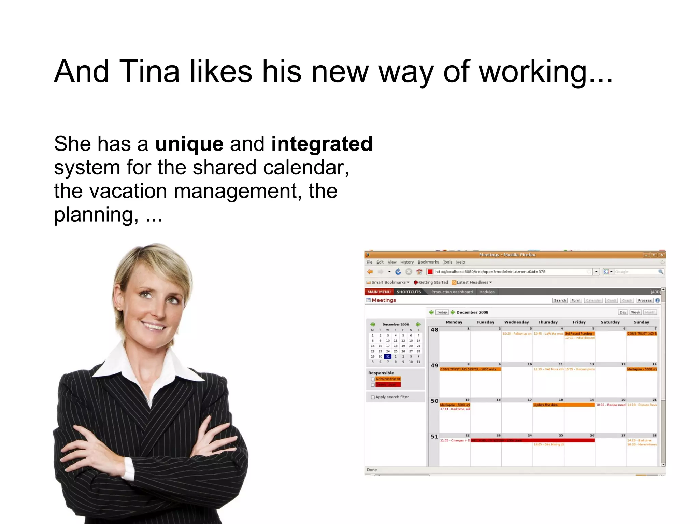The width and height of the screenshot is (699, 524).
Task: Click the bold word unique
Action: tap(189, 144)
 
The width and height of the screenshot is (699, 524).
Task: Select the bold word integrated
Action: tap(322, 144)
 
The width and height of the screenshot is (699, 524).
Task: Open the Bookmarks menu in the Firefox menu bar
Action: tap(428, 262)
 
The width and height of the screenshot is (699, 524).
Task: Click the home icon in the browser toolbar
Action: tap(419, 272)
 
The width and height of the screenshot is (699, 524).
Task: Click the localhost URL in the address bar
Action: tap(490, 272)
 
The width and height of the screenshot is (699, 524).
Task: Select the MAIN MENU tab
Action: tap(379, 292)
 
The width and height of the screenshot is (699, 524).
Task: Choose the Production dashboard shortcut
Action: tap(452, 292)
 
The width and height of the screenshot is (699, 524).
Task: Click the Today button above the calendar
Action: tap(442, 312)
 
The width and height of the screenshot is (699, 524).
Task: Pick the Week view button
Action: tap(635, 312)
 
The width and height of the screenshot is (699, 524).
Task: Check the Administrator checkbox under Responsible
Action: tap(373, 379)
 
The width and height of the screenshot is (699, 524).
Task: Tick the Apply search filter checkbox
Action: tap(373, 397)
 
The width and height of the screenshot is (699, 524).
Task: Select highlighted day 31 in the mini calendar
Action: tap(388, 356)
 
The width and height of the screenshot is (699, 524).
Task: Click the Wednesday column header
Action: tap(516, 322)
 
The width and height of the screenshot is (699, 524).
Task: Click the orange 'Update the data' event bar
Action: tap(564, 405)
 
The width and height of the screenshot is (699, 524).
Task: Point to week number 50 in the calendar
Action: tap(434, 401)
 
